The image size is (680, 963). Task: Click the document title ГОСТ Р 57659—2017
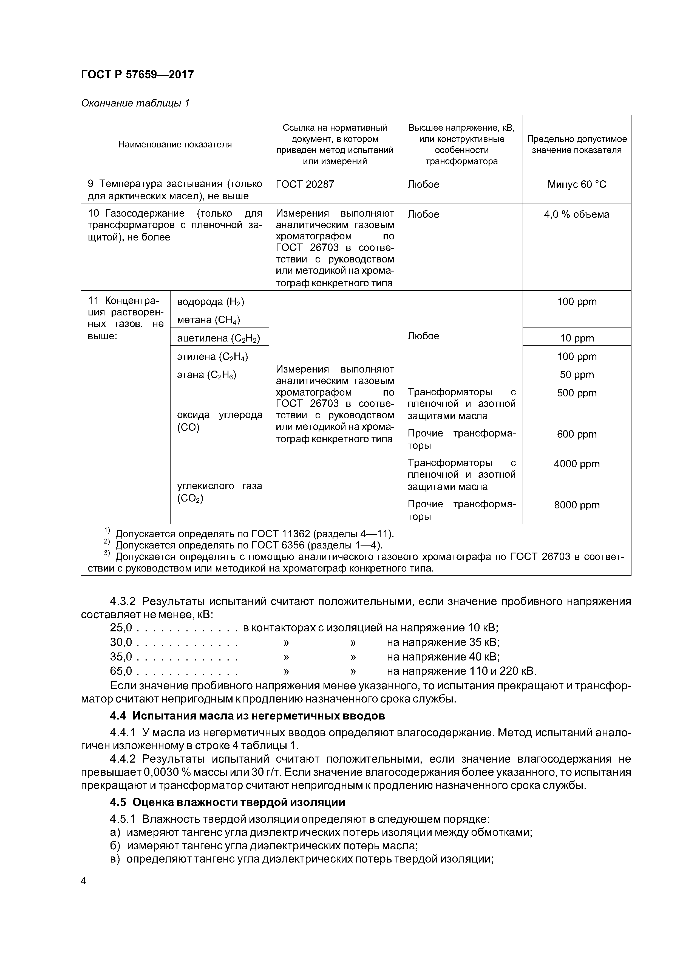pyautogui.click(x=137, y=75)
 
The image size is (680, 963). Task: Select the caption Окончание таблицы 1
pyautogui.click(x=135, y=103)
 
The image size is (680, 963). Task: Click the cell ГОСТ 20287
pyautogui.click(x=305, y=184)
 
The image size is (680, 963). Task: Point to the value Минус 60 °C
pyautogui.click(x=577, y=184)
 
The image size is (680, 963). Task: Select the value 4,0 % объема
pyautogui.click(x=577, y=214)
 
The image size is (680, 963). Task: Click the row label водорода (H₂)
pyautogui.click(x=210, y=302)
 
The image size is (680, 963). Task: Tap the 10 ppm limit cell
pyautogui.click(x=577, y=338)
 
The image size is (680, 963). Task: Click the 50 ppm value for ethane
pyautogui.click(x=577, y=374)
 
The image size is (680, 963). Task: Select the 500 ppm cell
pyautogui.click(x=577, y=393)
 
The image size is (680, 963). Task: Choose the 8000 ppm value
pyautogui.click(x=577, y=505)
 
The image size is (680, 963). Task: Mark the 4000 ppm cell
pyautogui.click(x=577, y=464)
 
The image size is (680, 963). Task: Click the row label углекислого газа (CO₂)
pyautogui.click(x=219, y=492)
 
